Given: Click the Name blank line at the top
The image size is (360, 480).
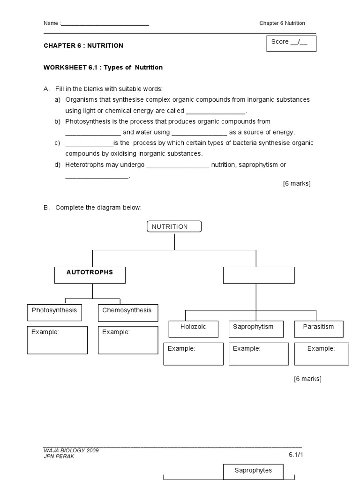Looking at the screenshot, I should pos(105,23).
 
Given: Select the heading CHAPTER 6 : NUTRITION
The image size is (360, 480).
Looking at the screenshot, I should pos(83,45).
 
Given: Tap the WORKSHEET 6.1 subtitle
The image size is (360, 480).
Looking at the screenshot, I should pos(103,67).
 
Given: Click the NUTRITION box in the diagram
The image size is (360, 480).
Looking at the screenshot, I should pos(174,227).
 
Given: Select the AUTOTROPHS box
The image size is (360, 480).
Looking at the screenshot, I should pos(90,275).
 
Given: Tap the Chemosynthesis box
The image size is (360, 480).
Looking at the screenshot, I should pos(127,313).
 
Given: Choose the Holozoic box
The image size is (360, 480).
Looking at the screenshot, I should pos(193,329).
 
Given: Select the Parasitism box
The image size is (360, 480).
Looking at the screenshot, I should pos(319,329).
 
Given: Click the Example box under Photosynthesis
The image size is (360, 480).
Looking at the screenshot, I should pos(57,340).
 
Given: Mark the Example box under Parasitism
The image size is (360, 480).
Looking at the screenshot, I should pos(322,353).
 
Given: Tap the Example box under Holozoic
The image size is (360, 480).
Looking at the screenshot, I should pos(194,353).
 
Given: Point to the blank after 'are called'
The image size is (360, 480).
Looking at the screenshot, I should pos(216,112).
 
